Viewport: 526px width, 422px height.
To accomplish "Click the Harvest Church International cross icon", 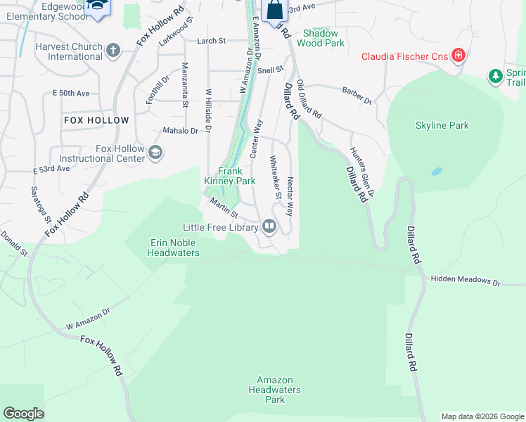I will click(x=113, y=51).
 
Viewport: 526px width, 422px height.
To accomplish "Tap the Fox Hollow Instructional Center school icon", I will click(x=155, y=153).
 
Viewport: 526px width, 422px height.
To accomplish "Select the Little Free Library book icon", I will click(x=269, y=226).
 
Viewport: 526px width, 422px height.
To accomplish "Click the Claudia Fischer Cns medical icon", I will click(x=458, y=56).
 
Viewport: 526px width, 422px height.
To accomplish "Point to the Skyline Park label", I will click(x=442, y=126).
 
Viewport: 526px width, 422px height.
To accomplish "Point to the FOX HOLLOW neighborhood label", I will click(x=96, y=120).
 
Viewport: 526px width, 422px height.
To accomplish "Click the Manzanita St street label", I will click(x=185, y=85).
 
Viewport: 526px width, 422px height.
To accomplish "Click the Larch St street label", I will click(x=211, y=41).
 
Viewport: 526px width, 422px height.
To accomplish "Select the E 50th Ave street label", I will click(x=71, y=93).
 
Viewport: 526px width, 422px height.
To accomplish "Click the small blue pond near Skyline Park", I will click(x=437, y=171).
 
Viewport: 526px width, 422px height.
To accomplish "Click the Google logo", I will click(x=23, y=414).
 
